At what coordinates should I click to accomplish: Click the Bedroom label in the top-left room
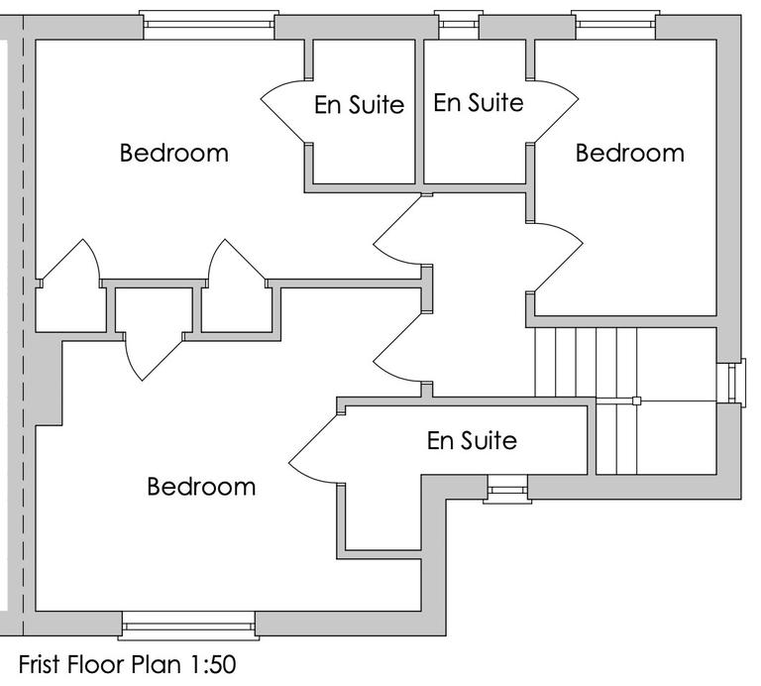coord(173,154)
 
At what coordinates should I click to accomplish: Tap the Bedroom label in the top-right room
coord(629,154)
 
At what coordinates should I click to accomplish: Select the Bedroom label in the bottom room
coord(201,487)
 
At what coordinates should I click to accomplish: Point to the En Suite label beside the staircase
coord(472,440)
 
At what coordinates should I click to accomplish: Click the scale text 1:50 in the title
coord(205,663)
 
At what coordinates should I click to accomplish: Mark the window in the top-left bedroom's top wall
coord(206,25)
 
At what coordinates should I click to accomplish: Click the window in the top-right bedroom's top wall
coord(615,25)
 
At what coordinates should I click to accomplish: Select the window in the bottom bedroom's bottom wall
coord(188,626)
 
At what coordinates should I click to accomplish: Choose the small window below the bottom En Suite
coord(506,489)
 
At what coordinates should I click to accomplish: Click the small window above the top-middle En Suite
coord(457,25)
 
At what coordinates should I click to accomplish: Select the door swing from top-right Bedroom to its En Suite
coord(555,109)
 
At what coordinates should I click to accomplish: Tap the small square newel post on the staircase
coord(637,401)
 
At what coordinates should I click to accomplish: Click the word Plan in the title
coord(152,663)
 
